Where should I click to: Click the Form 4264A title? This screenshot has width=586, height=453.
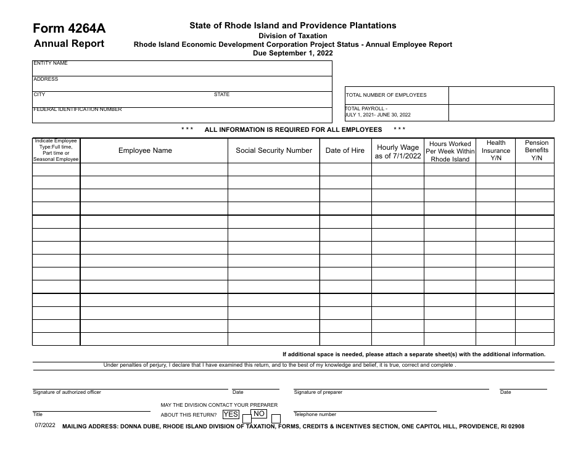69,28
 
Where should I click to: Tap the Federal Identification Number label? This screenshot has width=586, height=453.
77,109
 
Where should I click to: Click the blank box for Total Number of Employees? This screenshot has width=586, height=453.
501,95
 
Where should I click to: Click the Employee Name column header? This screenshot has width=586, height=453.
145,150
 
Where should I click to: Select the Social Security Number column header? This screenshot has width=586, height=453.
274,150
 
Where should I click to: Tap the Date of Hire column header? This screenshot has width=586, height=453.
345,150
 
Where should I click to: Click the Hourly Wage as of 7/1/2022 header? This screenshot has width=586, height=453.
398,152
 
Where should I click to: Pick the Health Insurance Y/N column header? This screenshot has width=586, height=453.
496,150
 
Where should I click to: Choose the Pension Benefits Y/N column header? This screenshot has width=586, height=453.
536,150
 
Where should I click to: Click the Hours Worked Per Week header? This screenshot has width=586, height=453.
450,152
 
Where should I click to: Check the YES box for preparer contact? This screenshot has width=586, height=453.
247,418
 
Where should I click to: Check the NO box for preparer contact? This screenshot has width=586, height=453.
272,418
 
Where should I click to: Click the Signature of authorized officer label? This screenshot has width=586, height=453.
67,392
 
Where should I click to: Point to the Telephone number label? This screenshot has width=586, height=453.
315,415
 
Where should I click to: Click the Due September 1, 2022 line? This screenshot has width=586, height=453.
293,53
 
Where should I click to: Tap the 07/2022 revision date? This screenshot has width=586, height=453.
44,425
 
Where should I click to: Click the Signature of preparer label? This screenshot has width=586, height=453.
318,392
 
